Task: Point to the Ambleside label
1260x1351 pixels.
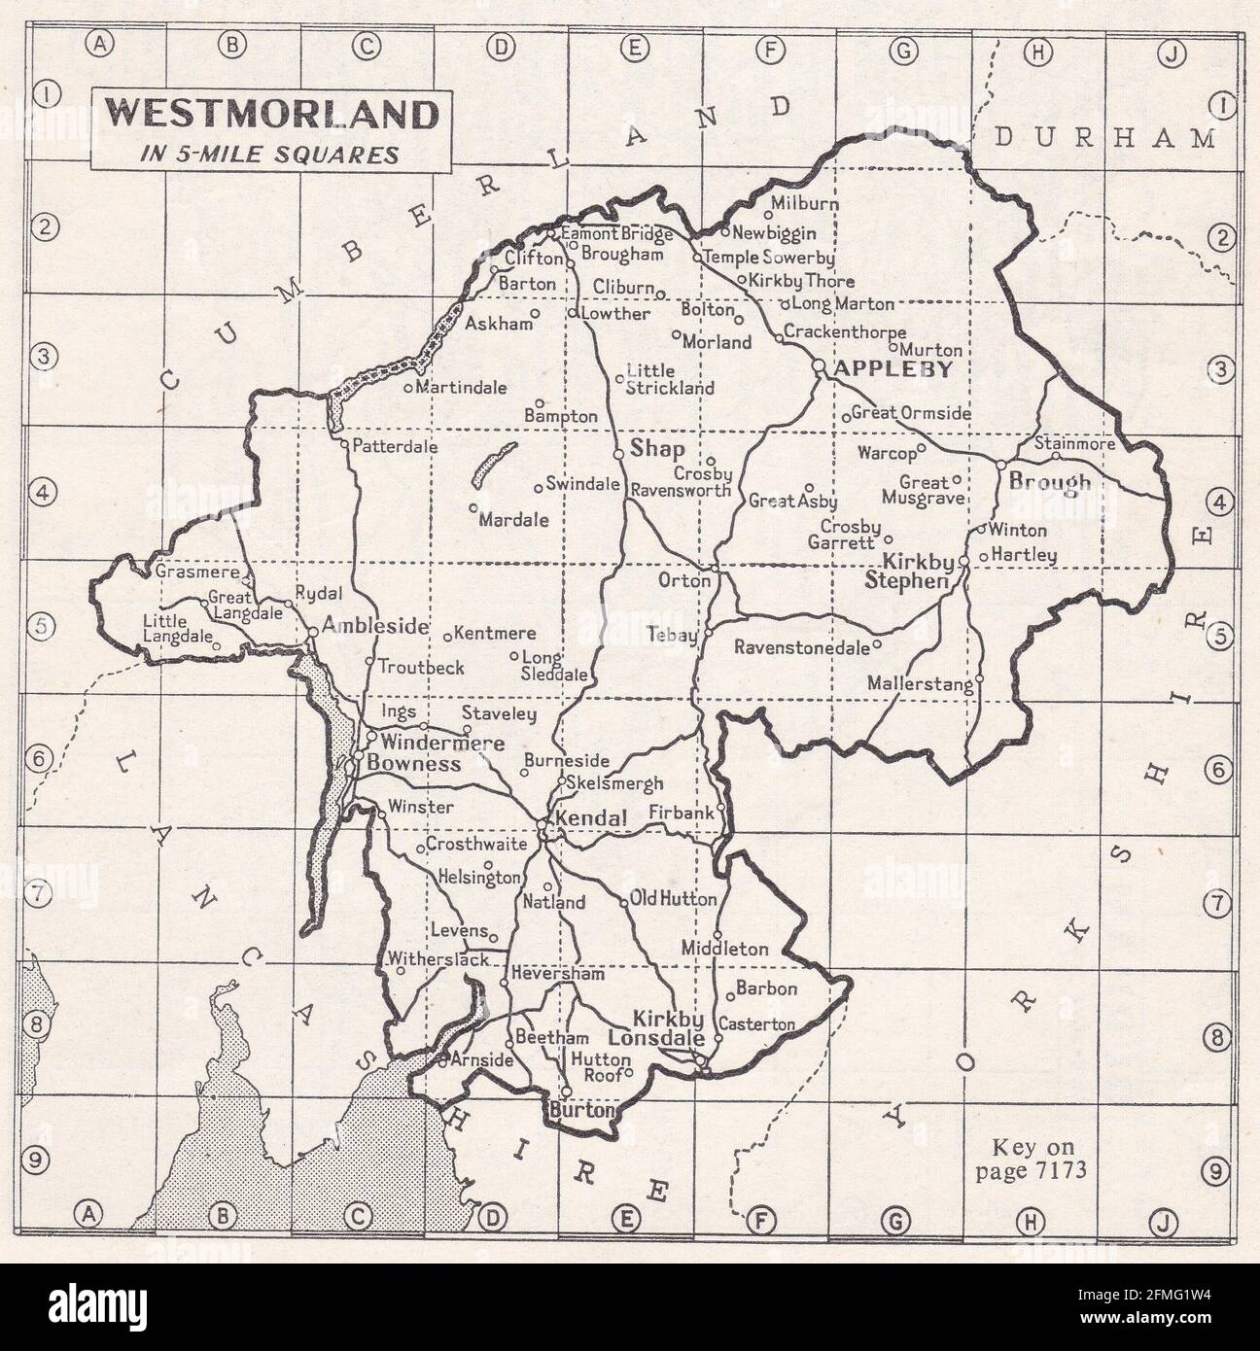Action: [375, 626]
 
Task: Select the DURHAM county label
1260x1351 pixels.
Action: [1104, 139]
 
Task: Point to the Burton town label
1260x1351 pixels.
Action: [582, 1109]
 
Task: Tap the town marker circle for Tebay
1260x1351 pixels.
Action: [708, 633]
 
